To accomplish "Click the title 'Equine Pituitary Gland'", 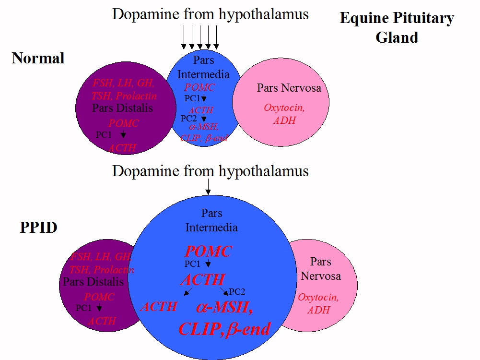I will point(397,28).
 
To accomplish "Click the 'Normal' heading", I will point(38,59).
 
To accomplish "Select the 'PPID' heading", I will point(38,227).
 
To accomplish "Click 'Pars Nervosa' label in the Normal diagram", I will point(289,88).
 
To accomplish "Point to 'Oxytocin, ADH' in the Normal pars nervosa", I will point(284,114).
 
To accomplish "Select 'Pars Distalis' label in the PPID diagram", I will point(93,282).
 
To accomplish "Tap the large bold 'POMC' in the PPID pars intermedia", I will point(208,251).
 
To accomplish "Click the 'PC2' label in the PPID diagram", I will point(237,291).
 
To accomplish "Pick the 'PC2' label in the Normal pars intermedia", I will point(188,118).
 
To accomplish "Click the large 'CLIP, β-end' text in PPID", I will point(224,329).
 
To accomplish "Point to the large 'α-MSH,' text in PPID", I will point(224,307).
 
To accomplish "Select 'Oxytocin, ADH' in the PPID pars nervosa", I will point(318,303).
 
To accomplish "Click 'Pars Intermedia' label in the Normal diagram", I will point(203,67).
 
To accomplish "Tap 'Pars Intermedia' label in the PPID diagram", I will point(211,220).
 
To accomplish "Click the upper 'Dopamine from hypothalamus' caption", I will point(210,14).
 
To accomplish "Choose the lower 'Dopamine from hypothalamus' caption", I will point(210,170).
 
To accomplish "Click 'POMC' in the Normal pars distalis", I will point(123,123).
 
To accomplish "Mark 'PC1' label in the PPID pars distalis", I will point(83,308).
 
